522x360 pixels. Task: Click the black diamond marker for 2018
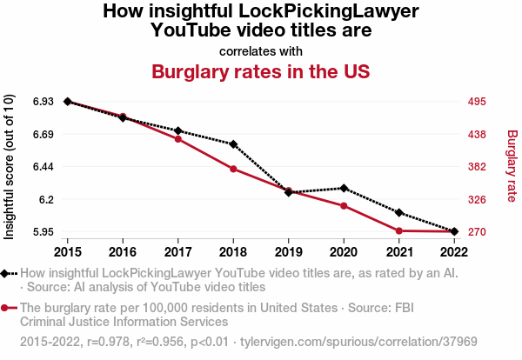pyautogui.click(x=233, y=144)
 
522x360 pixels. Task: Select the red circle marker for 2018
pyautogui.click(x=233, y=169)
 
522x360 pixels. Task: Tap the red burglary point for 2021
pyautogui.click(x=399, y=230)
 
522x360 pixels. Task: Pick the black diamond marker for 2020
pyautogui.click(x=345, y=188)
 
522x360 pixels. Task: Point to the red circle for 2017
pyautogui.click(x=178, y=139)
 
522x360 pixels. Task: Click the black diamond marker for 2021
pyautogui.click(x=399, y=212)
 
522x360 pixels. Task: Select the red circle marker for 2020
pyautogui.click(x=345, y=206)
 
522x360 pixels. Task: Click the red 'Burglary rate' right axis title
pyautogui.click(x=512, y=166)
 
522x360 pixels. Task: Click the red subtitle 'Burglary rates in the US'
pyautogui.click(x=261, y=71)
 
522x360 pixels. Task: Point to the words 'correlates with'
pyautogui.click(x=261, y=50)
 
